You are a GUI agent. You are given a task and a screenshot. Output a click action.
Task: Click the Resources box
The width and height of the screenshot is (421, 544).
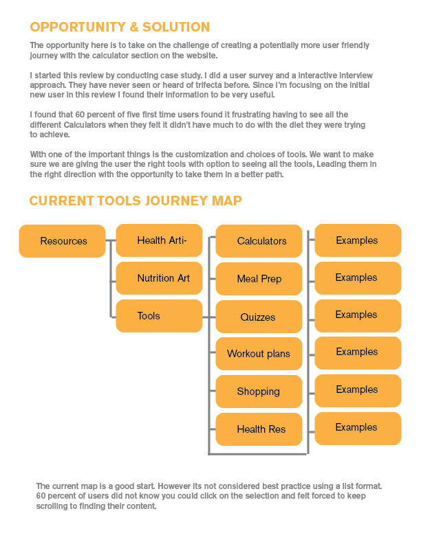62,241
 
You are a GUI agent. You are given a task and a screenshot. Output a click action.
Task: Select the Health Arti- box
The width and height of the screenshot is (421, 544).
159,240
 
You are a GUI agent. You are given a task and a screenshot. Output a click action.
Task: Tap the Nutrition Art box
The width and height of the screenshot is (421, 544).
159,278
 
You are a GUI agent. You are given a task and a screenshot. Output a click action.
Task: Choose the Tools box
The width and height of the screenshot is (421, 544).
159,316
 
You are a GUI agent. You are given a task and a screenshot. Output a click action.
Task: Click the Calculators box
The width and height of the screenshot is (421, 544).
259,241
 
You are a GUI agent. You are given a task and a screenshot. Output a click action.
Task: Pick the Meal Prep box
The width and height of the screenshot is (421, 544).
259,279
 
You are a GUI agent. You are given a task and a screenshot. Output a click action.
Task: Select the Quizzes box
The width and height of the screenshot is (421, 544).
259,317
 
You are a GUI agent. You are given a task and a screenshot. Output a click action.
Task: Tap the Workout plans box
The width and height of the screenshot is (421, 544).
259,354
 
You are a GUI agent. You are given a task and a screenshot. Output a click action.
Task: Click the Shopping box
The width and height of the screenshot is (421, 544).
259,392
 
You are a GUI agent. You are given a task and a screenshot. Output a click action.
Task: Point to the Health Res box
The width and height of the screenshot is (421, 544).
259,429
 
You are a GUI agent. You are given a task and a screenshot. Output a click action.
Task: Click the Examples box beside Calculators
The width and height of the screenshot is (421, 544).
358,240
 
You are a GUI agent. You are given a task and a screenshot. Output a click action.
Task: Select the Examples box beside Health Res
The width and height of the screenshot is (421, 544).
358,429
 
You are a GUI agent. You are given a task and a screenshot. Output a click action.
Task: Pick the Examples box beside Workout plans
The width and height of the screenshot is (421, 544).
358,353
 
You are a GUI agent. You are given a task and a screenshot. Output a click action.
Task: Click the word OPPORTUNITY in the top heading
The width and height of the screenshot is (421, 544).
78,27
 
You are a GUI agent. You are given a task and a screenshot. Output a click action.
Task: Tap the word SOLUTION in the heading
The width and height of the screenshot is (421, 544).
176,27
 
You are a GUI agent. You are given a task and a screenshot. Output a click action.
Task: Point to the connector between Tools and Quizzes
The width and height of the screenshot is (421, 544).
208,317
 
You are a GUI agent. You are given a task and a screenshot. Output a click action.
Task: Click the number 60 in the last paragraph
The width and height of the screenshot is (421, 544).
41,496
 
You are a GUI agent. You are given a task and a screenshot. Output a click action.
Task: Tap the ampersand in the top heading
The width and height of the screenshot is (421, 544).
134,27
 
